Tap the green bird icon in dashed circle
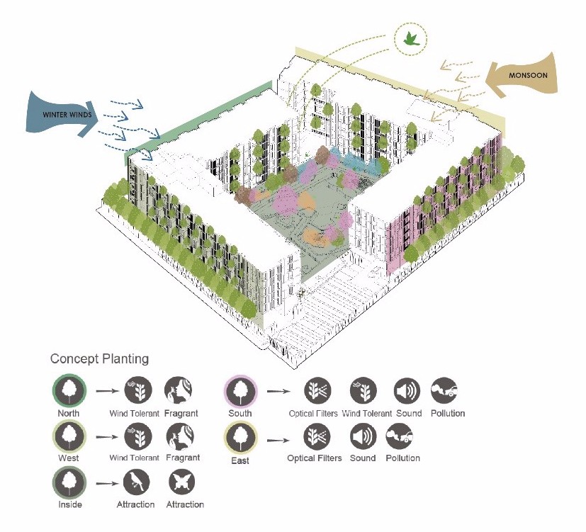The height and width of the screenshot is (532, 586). [x=410, y=39]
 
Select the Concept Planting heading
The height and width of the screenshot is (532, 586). [x=99, y=359]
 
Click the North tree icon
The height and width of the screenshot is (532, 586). [x=69, y=390]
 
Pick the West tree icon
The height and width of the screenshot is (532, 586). [x=69, y=436]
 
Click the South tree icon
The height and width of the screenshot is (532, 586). [x=240, y=390]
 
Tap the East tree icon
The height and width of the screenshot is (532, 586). [x=240, y=436]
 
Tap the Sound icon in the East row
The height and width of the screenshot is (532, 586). [x=364, y=436]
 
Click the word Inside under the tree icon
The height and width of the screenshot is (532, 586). [x=70, y=505]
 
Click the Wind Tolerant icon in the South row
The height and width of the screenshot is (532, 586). [x=364, y=390]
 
